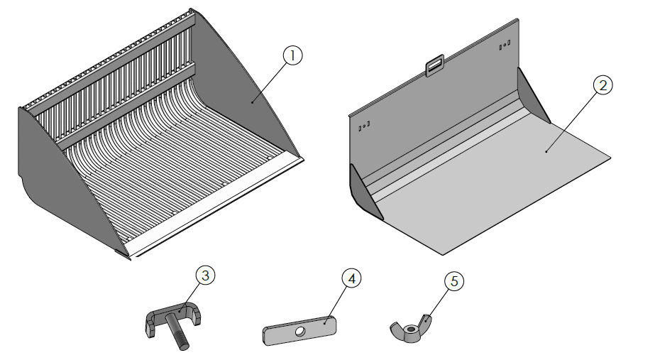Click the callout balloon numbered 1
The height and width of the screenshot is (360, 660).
pos(292,55)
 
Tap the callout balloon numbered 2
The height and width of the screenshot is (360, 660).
pos(602,84)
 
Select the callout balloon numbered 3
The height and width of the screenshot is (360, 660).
pos(204,276)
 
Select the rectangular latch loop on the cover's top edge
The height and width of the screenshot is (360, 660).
pos(434,67)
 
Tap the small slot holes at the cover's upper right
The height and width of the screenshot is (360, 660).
pos(504,46)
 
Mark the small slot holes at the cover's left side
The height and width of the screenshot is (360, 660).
pos(365,126)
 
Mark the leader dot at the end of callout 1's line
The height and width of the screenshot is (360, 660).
pos(252,102)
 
